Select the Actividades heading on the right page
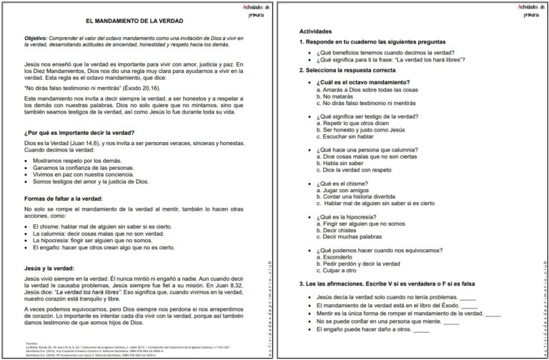pyautogui.click(x=315, y=32)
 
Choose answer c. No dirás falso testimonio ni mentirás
pyautogui.click(x=368, y=104)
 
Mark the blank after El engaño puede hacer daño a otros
pyautogui.click(x=421, y=331)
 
